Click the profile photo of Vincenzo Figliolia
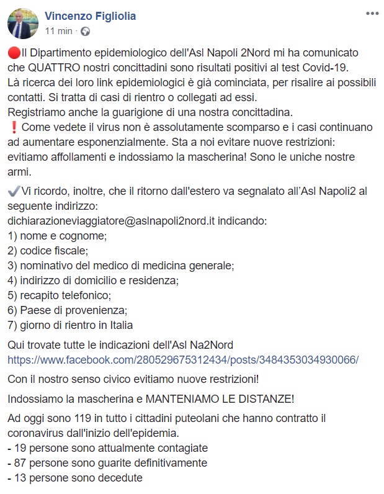click(22, 24)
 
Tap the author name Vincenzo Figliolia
click(90, 16)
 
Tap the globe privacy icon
click(85, 30)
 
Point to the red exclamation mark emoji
click(13, 127)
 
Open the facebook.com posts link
click(183, 359)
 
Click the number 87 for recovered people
click(20, 463)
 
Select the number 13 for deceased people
click(20, 478)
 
